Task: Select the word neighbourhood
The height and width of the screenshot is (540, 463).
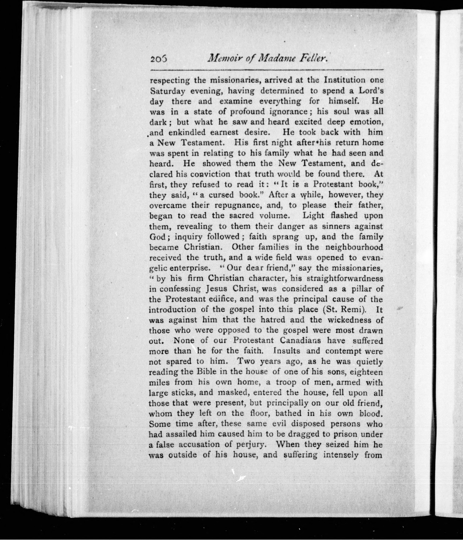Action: point(355,247)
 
